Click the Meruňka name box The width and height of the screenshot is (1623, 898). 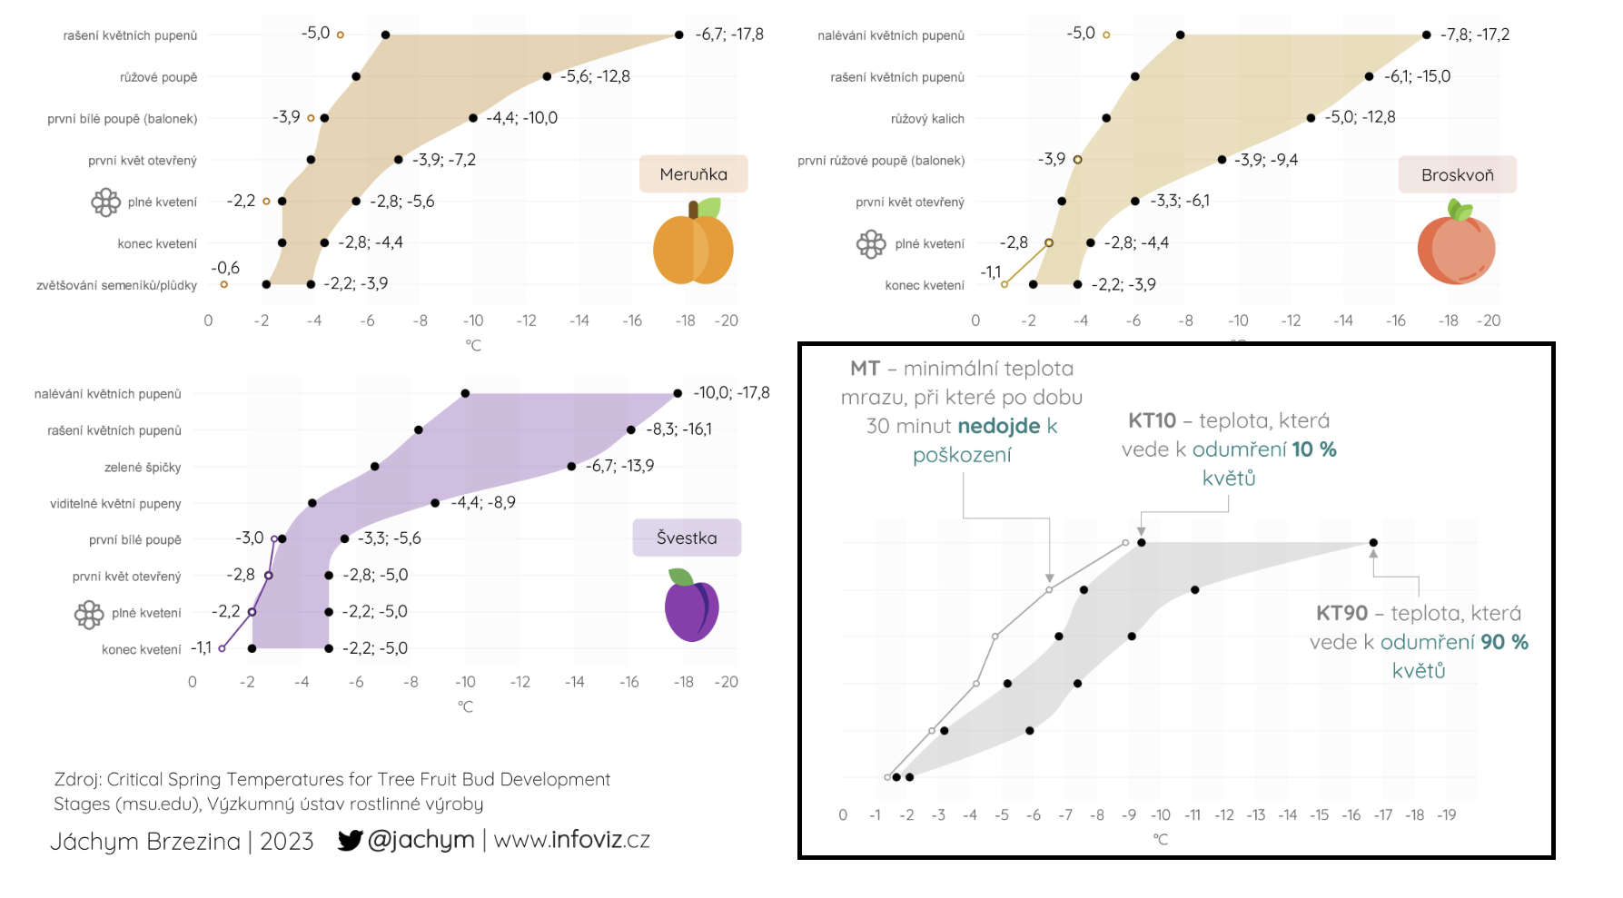(x=693, y=174)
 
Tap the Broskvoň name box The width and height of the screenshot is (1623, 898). (x=1457, y=175)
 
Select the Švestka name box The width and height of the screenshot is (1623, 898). (x=687, y=538)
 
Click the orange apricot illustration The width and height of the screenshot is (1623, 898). (x=693, y=245)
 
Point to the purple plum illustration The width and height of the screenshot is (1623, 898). (x=691, y=607)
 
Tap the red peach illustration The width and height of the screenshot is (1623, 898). (x=1456, y=246)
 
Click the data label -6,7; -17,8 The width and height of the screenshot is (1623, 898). (x=729, y=35)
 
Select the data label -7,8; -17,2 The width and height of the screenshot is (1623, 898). (x=1475, y=35)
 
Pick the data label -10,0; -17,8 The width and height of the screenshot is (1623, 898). (x=731, y=393)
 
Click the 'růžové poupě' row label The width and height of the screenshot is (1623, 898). (x=159, y=77)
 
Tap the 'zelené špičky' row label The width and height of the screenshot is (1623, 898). (x=143, y=468)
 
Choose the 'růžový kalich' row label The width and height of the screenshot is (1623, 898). (x=927, y=119)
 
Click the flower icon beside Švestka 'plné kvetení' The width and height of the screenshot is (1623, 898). (x=89, y=615)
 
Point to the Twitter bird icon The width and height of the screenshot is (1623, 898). (x=350, y=840)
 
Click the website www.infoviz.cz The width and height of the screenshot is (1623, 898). (x=572, y=840)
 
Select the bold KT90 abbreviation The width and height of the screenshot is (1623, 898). (x=1341, y=614)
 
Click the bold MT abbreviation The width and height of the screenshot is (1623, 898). (x=865, y=369)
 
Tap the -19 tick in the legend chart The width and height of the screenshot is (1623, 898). (x=1447, y=815)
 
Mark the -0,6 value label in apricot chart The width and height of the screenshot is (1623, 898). (x=225, y=269)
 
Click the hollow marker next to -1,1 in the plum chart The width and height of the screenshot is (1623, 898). (x=222, y=648)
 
